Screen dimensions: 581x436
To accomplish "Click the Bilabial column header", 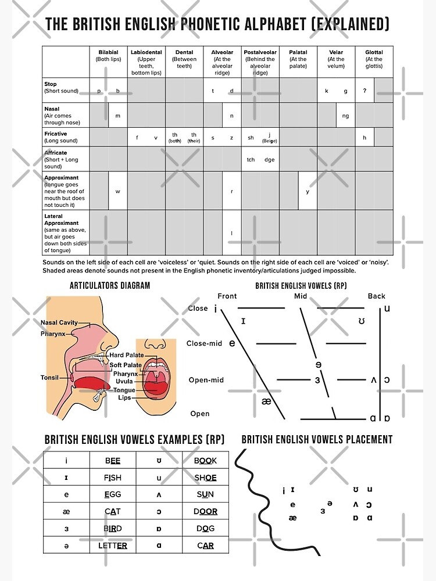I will click(x=108, y=52).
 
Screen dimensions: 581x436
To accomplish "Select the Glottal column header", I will click(x=374, y=52).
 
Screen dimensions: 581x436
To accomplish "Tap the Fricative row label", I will click(x=56, y=134).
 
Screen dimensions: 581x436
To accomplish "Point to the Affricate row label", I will click(x=56, y=153).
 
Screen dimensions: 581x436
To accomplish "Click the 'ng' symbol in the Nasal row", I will click(x=345, y=116).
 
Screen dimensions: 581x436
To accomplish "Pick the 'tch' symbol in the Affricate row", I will click(x=251, y=160).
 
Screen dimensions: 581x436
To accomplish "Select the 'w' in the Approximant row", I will click(x=117, y=191).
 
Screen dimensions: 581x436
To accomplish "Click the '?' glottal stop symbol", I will click(x=364, y=91).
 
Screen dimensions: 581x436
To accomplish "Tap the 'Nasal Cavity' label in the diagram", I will click(x=59, y=322).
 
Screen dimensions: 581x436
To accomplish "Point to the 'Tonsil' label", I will click(x=49, y=378).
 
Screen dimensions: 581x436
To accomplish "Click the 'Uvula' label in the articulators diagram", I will click(x=124, y=382).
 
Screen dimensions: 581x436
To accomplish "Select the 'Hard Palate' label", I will click(x=126, y=355).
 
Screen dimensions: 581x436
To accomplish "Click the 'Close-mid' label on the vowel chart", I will click(x=204, y=343).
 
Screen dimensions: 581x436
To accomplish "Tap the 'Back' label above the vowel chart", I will click(x=376, y=296).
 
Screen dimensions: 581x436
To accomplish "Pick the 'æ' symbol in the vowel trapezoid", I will click(x=267, y=401).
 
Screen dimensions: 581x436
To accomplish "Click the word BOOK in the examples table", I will click(x=205, y=461).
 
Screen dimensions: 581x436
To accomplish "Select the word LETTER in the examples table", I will click(x=113, y=546).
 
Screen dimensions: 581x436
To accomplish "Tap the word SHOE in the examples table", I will click(x=205, y=478).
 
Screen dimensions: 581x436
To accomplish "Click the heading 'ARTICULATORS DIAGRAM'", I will click(x=110, y=285).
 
